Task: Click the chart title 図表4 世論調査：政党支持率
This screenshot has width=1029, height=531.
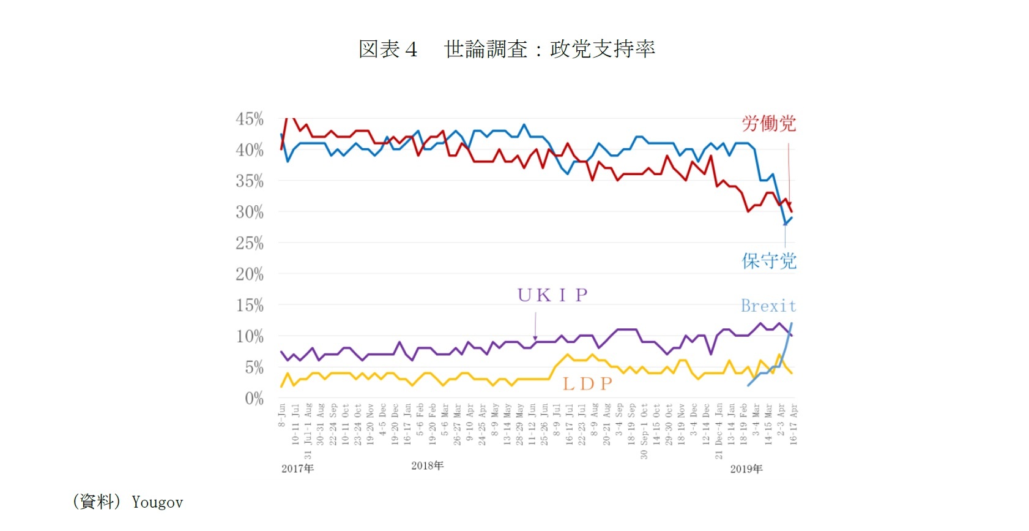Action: click(507, 49)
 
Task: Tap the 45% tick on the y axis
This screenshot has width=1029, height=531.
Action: click(250, 119)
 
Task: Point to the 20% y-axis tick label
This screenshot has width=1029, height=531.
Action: click(250, 274)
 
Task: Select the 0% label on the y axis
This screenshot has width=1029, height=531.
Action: click(254, 399)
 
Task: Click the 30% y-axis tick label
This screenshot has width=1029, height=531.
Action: click(250, 212)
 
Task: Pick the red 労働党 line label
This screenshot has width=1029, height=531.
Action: click(768, 124)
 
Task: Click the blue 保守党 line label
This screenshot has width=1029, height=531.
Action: click(768, 262)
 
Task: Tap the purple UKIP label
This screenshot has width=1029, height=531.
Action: click(552, 296)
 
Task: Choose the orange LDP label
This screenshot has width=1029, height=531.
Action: click(587, 384)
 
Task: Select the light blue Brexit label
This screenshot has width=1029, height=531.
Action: click(768, 306)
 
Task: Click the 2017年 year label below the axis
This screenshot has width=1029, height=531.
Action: click(297, 469)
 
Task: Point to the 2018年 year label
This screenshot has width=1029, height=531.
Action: click(427, 466)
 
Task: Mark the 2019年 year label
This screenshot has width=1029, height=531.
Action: click(746, 469)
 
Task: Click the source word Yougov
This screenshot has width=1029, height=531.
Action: click(157, 503)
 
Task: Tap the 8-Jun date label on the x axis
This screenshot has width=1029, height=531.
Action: click(281, 415)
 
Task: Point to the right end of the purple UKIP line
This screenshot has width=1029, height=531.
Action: click(792, 336)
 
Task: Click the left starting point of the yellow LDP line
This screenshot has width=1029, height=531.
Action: click(281, 386)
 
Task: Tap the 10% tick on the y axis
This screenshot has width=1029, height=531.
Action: click(250, 336)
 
